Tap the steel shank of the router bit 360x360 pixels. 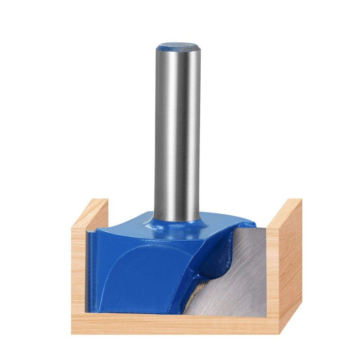coord(177,135)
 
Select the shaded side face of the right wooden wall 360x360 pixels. coord(290,265)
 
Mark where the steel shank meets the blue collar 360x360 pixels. coord(177,218)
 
